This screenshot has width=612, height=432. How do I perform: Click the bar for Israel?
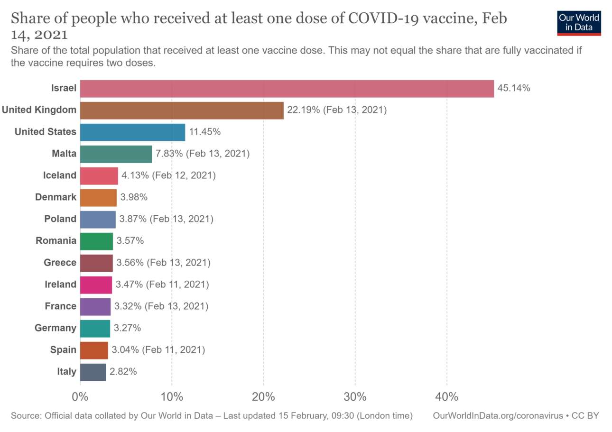287,89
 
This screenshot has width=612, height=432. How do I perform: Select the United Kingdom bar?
182,110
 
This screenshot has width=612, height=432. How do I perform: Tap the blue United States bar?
132,132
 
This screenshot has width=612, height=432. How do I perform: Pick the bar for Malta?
116,154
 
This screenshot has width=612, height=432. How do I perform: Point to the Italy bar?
93,372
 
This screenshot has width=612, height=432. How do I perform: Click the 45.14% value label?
513,88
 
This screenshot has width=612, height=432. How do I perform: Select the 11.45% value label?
205,132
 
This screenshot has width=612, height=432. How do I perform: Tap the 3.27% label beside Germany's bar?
127,328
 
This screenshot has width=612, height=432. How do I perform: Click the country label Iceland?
59,175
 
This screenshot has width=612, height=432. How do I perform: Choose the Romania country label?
56,241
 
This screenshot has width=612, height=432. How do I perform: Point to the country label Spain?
63,350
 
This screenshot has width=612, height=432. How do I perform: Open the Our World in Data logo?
579,22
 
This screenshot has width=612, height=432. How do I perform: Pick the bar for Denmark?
98,198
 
